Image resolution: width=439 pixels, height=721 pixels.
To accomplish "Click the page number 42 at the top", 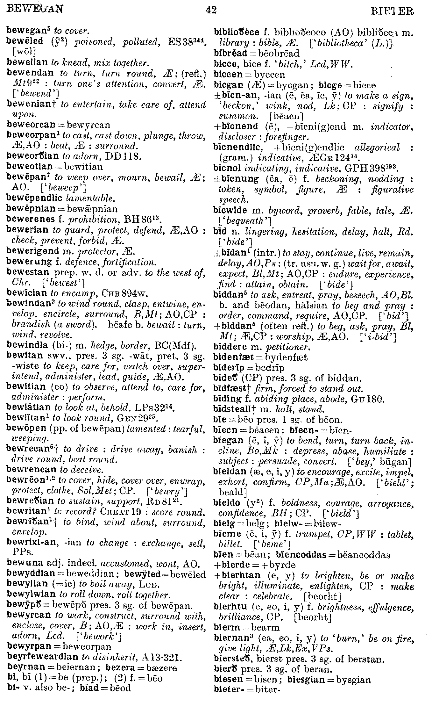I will point(211,11).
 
